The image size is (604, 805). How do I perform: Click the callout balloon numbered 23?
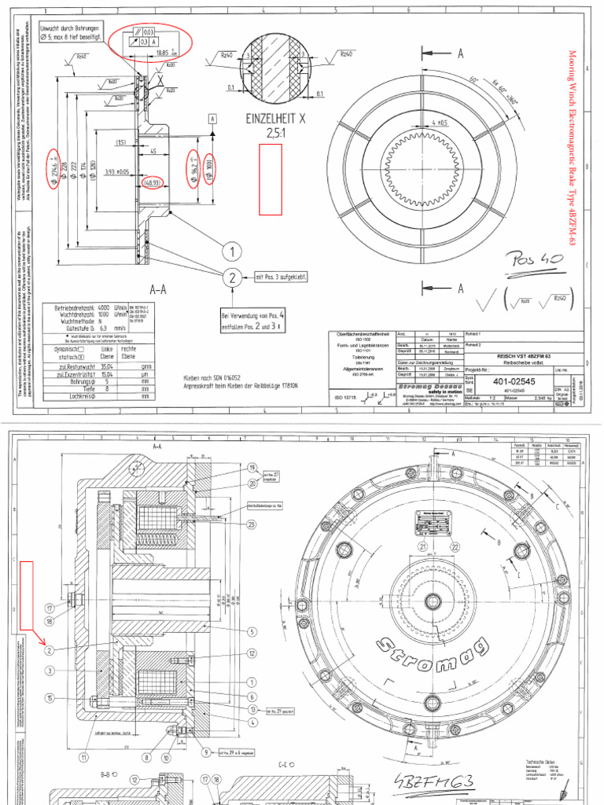(x=252, y=524)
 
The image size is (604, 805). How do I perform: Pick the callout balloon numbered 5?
(x=252, y=631)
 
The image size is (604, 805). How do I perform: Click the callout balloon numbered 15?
(x=49, y=697)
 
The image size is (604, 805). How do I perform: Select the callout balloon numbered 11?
(x=83, y=758)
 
